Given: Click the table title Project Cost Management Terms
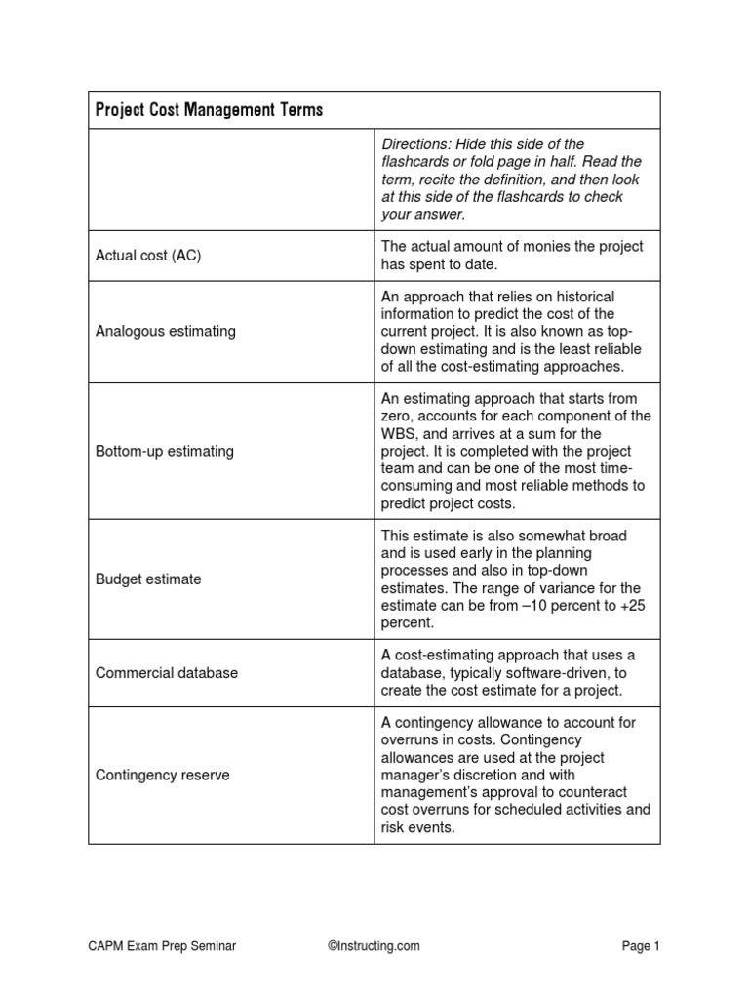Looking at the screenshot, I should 209,110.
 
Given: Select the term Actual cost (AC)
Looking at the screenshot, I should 147,255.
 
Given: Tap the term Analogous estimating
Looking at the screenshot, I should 166,331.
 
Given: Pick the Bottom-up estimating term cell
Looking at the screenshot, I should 165,451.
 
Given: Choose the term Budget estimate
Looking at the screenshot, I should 148,579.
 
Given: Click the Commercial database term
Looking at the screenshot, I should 167,672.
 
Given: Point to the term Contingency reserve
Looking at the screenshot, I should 163,775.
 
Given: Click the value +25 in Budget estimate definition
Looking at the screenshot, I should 631,605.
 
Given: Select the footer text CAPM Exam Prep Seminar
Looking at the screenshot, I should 162,945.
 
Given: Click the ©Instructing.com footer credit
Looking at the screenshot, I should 374,945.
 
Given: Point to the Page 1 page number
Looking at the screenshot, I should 641,945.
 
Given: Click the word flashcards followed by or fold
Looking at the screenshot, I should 414,162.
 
